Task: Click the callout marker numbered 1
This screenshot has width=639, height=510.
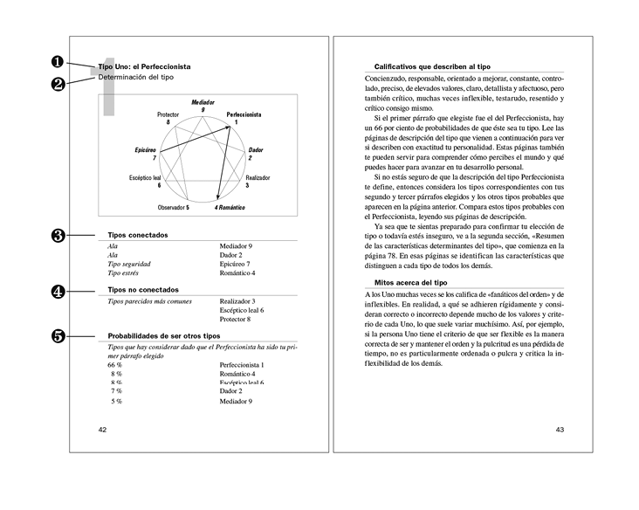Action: [58, 61]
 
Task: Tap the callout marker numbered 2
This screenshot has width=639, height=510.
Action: [58, 84]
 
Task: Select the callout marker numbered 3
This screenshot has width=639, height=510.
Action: [58, 235]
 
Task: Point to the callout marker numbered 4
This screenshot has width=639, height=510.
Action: [58, 292]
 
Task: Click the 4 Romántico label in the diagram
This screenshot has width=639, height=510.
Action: [229, 208]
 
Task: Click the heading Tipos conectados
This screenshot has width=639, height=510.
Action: [138, 235]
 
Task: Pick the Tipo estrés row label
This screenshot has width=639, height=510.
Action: [128, 273]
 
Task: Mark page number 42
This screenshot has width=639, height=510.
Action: [103, 429]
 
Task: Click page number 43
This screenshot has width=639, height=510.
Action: [560, 429]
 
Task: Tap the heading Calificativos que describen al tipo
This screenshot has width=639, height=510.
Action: [431, 66]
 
